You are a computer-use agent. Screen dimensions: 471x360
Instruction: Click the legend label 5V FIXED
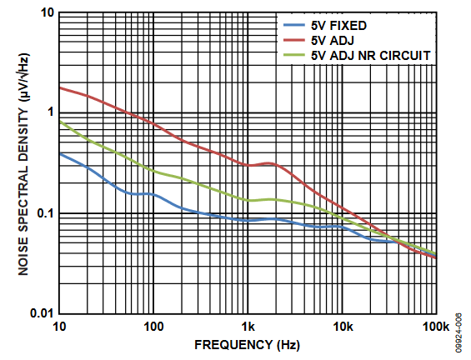(338, 26)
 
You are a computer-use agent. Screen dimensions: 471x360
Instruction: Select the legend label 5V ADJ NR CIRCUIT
(371, 56)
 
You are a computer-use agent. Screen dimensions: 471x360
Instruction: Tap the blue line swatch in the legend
(294, 25)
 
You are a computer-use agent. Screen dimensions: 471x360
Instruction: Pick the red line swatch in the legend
(294, 40)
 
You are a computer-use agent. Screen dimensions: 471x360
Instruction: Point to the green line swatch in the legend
(294, 55)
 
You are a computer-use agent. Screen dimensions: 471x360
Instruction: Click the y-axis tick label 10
(47, 12)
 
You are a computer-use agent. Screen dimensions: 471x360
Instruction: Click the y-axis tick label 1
(50, 112)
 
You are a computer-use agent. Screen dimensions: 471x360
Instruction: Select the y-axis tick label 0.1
(45, 213)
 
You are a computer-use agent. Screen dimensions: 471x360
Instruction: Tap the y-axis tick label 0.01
(42, 313)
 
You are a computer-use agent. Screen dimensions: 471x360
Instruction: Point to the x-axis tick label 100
(153, 327)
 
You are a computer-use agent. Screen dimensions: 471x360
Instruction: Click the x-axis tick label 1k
(248, 327)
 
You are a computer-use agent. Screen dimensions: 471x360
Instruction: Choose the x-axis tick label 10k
(343, 327)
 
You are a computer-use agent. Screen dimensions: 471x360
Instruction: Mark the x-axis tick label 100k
(436, 327)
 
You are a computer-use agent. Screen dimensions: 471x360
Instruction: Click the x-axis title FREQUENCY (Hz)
(247, 345)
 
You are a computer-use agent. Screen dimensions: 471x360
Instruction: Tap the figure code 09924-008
(458, 332)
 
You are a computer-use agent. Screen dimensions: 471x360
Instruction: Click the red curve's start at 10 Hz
(60, 87)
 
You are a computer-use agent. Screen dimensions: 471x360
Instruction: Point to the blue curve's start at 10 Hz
(60, 153)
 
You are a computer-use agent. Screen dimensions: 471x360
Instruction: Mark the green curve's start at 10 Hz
(60, 121)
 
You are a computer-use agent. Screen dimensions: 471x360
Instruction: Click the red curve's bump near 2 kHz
(270, 163)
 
